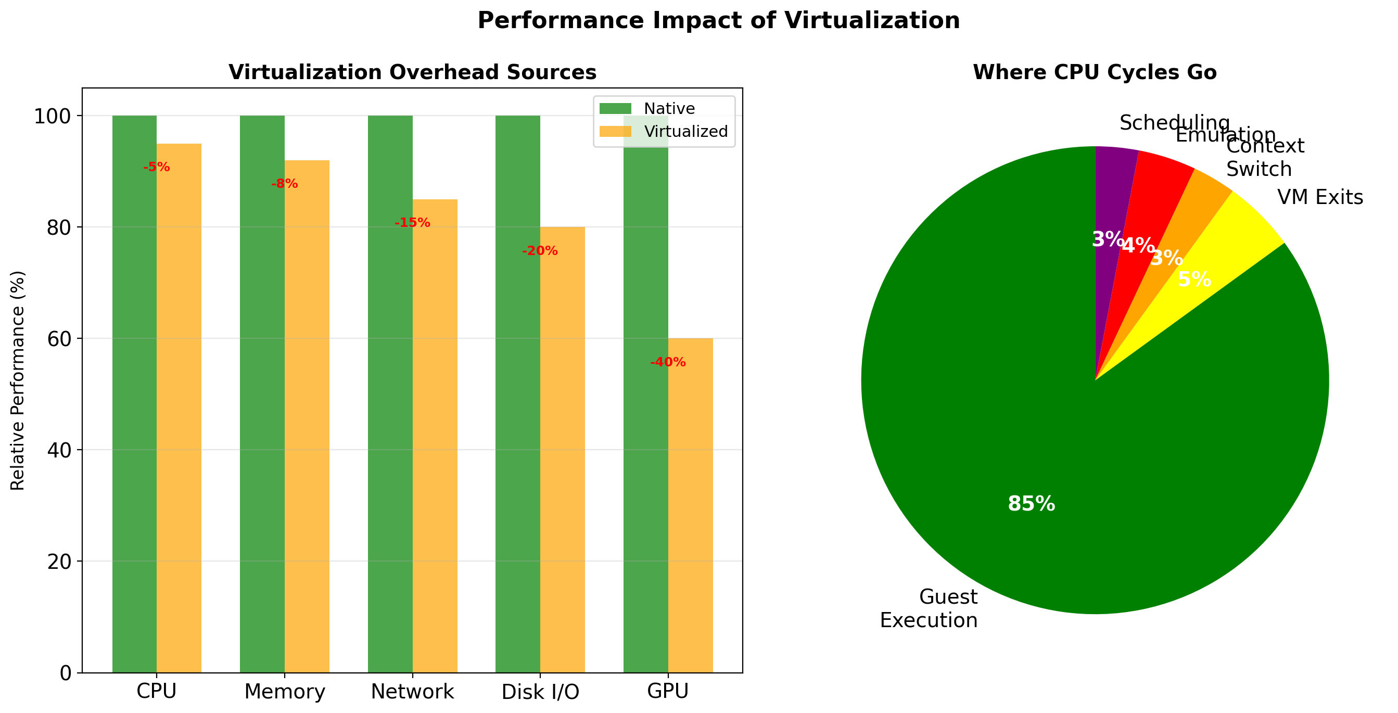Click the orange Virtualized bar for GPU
pos(690,505)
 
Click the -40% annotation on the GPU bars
pos(668,362)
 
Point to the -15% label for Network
pos(412,222)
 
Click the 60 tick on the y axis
pos(59,339)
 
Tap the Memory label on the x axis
pos(284,692)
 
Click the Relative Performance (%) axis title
pos(18,380)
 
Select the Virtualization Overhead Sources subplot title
pos(412,72)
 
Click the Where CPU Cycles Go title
pos(1094,72)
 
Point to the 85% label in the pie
pos(1031,504)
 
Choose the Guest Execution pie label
pos(929,608)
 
